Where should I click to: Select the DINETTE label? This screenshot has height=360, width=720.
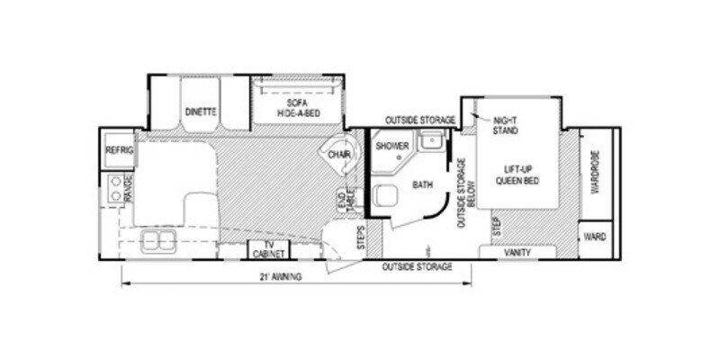tap(200, 112)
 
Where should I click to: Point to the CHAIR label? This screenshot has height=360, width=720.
tap(339, 156)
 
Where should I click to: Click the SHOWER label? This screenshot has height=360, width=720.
tap(392, 147)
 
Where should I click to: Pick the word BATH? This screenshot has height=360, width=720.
tap(423, 186)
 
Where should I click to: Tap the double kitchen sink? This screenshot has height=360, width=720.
tap(158, 239)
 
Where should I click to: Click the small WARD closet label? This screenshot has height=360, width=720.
tap(595, 237)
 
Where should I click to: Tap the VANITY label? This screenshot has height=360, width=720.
tap(517, 253)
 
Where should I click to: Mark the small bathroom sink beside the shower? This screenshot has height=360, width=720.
tap(432, 141)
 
